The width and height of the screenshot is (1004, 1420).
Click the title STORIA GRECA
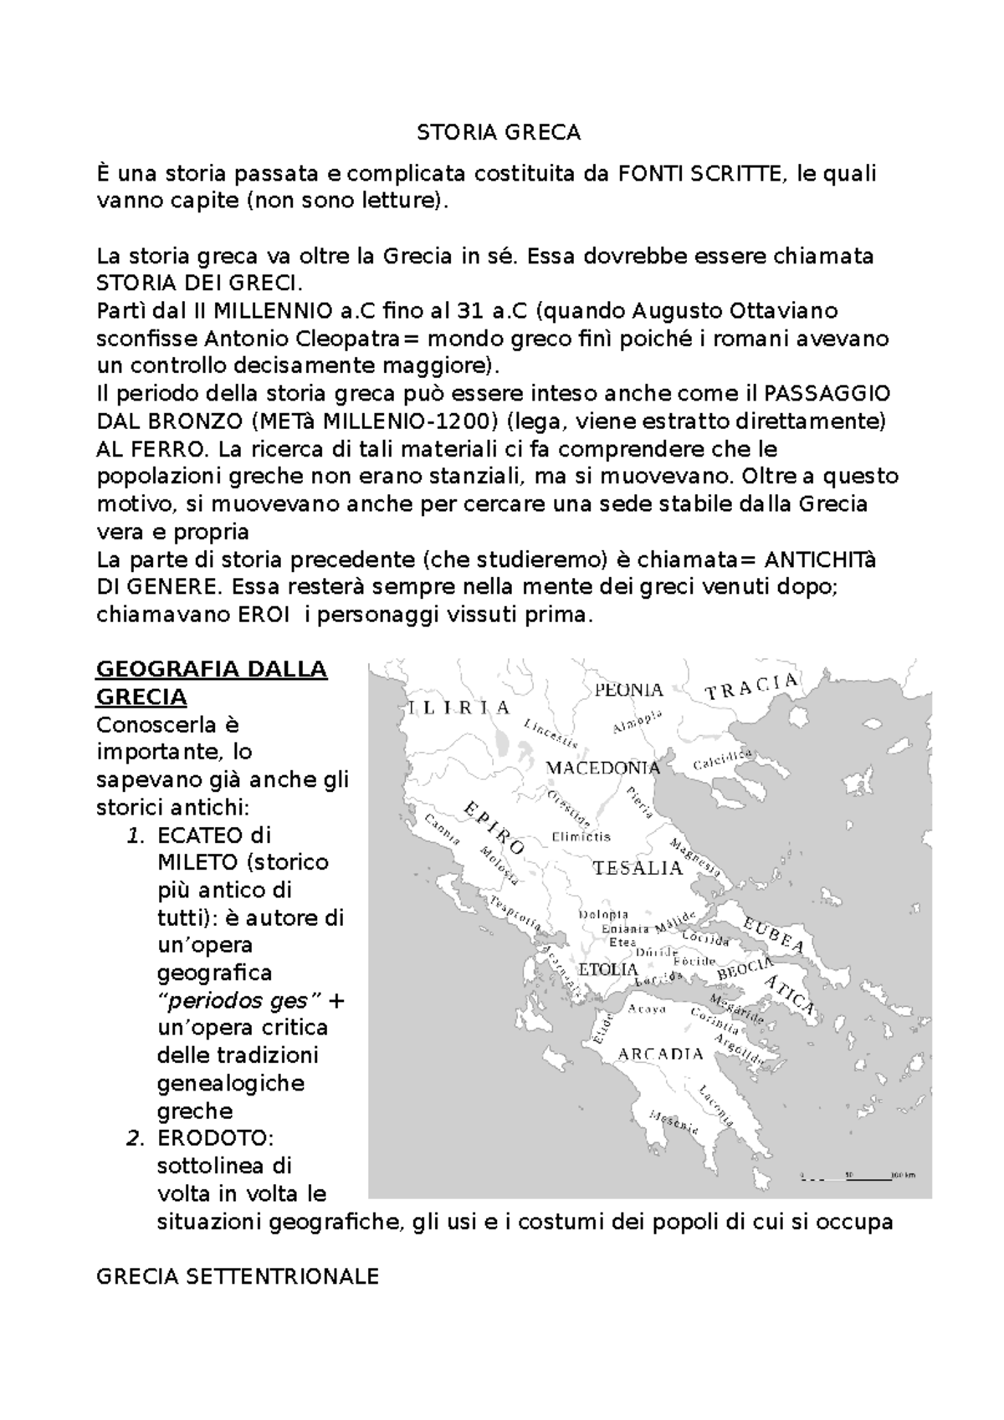pyautogui.click(x=499, y=132)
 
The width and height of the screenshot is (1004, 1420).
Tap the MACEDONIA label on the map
pyautogui.click(x=602, y=768)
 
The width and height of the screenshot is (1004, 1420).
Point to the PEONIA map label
pyautogui.click(x=628, y=690)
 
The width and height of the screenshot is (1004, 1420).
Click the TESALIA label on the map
pyautogui.click(x=638, y=868)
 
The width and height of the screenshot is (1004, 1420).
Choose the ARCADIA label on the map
pyautogui.click(x=660, y=1054)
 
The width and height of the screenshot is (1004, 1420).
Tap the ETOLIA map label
pyautogui.click(x=608, y=969)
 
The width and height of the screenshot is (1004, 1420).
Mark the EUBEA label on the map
pyautogui.click(x=773, y=935)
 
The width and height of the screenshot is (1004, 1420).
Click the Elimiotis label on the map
pyautogui.click(x=581, y=836)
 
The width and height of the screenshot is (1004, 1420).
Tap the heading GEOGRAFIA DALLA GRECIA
pyautogui.click(x=212, y=682)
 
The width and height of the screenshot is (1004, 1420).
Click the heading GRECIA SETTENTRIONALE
pyautogui.click(x=238, y=1276)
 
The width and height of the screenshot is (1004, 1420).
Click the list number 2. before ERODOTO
pyautogui.click(x=135, y=1137)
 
